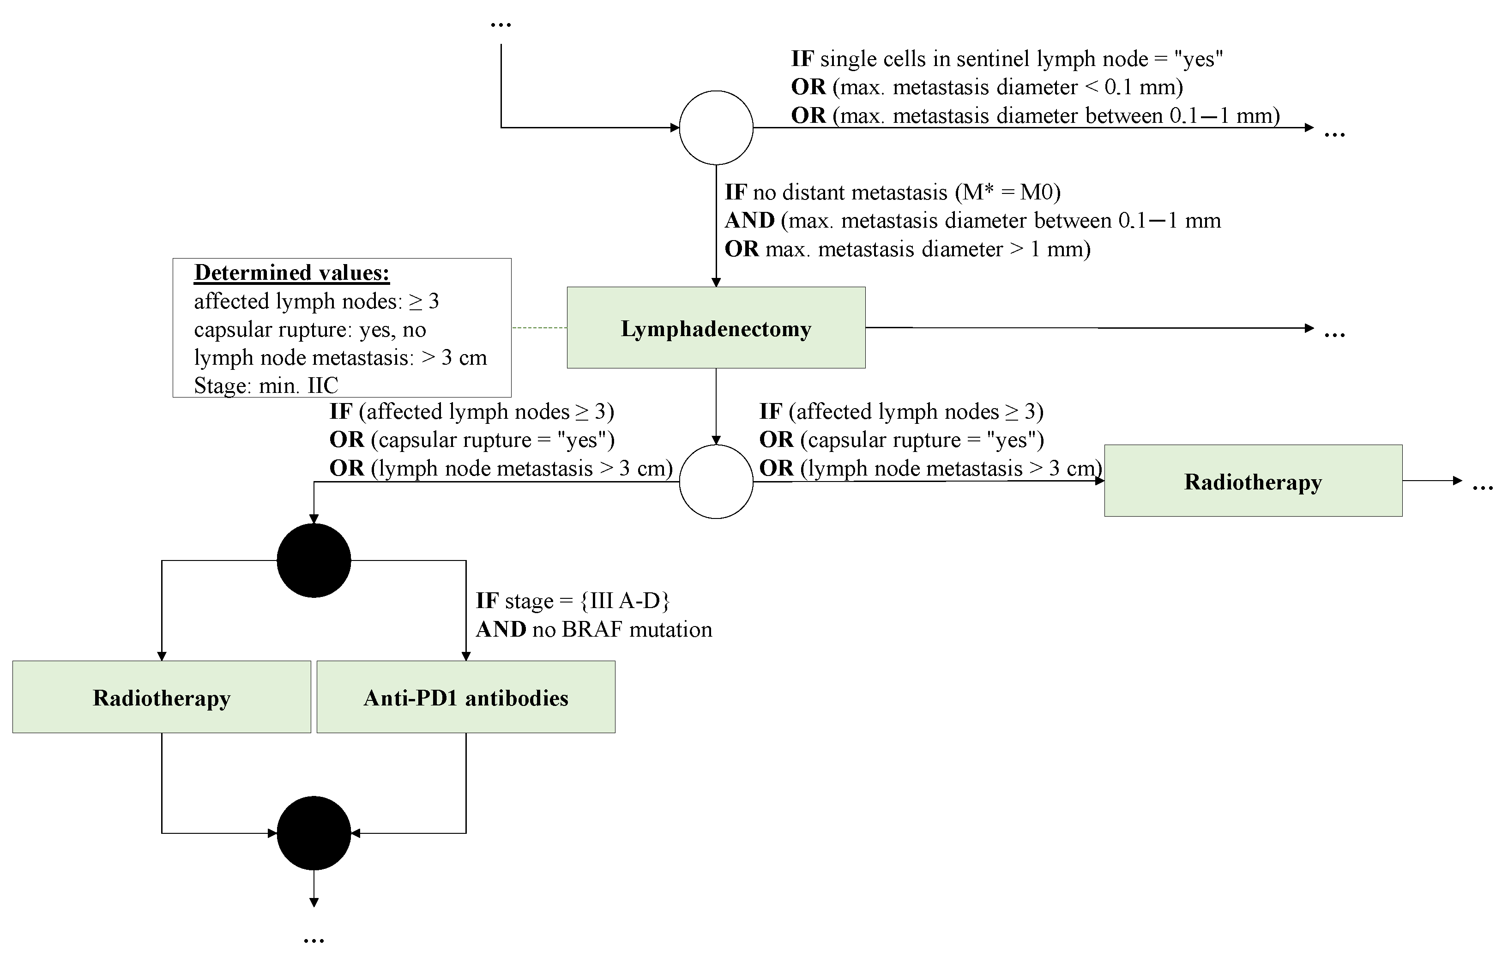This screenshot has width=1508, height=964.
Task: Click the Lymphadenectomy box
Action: [x=716, y=328]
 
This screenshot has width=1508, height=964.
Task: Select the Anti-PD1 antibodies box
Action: [x=466, y=697]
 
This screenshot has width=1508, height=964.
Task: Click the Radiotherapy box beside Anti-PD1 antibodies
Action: [x=162, y=697]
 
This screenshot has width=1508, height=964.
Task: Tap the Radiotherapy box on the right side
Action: [x=1253, y=481]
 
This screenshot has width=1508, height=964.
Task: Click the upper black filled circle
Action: [x=314, y=560]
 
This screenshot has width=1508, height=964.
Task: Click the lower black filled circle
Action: [x=314, y=833]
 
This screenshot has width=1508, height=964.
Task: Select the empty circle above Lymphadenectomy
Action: [x=716, y=128]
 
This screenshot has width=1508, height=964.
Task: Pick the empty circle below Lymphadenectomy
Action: [x=716, y=482]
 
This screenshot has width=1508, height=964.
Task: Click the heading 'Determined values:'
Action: [x=292, y=272]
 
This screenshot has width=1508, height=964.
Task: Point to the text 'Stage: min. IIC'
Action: [x=265, y=385]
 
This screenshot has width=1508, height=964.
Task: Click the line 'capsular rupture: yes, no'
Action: [x=310, y=329]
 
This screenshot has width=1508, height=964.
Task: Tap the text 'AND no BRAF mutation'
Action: [x=594, y=629]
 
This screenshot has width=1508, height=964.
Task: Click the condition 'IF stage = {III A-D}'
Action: [x=573, y=601]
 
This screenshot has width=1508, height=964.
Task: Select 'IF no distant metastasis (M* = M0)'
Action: [x=893, y=192]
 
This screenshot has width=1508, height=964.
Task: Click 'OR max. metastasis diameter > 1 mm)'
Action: [x=907, y=249]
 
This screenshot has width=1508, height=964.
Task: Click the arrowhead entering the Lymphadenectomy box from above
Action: [x=716, y=283]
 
